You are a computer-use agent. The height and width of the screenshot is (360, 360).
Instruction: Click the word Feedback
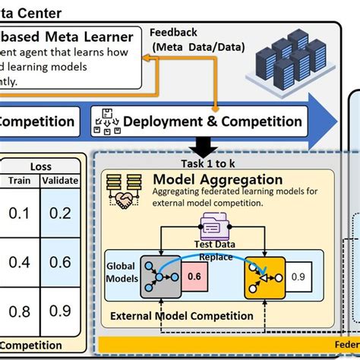click(173, 33)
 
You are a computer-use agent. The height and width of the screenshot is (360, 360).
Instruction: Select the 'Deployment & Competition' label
click(212, 122)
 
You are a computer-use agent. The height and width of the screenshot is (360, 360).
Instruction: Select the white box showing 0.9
click(302, 276)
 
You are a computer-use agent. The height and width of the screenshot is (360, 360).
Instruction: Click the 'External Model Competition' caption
click(182, 316)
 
